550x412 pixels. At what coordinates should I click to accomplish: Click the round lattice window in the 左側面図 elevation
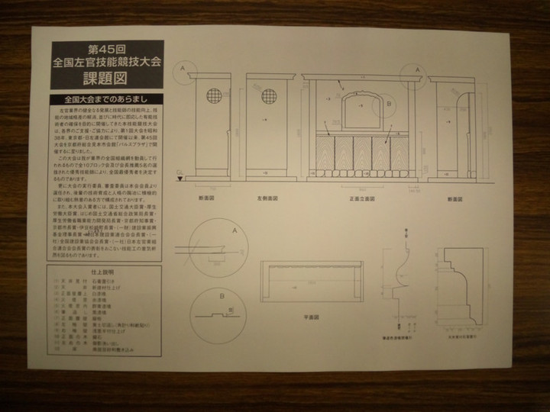click(x=269, y=96)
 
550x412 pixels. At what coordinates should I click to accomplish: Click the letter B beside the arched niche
click(x=388, y=102)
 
